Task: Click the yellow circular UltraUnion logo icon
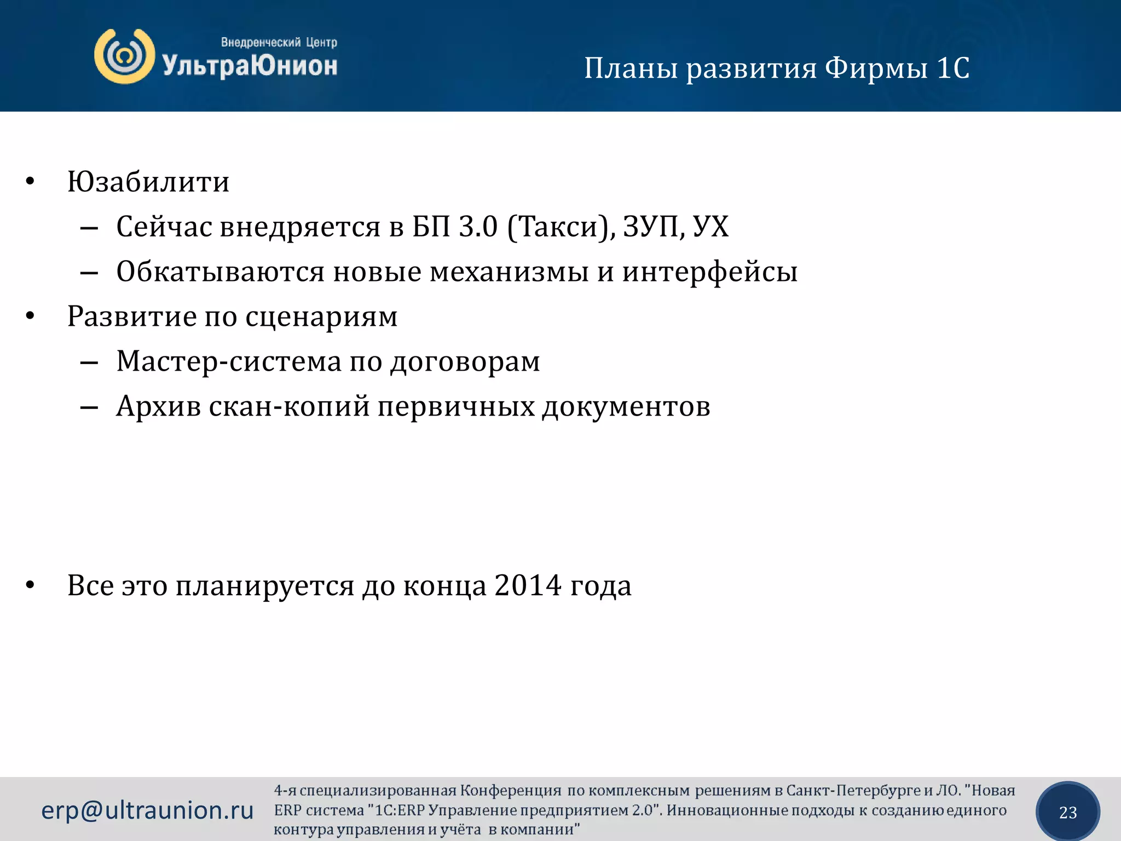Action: [124, 56]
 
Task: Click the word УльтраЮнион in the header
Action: [250, 66]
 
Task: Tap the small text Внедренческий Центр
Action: [279, 42]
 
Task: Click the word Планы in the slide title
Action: [631, 69]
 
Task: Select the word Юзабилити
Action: [148, 182]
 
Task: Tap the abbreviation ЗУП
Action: [650, 227]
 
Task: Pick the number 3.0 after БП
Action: [478, 227]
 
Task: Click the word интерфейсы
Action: [709, 272]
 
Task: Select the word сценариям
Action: [321, 317]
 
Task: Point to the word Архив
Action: [158, 407]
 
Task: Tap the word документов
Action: [626, 407]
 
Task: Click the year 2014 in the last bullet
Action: [528, 586]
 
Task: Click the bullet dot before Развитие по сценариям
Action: [30, 316]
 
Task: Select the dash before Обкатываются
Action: [89, 272]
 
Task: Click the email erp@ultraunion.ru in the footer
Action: [147, 810]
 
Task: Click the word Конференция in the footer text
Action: [510, 791]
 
